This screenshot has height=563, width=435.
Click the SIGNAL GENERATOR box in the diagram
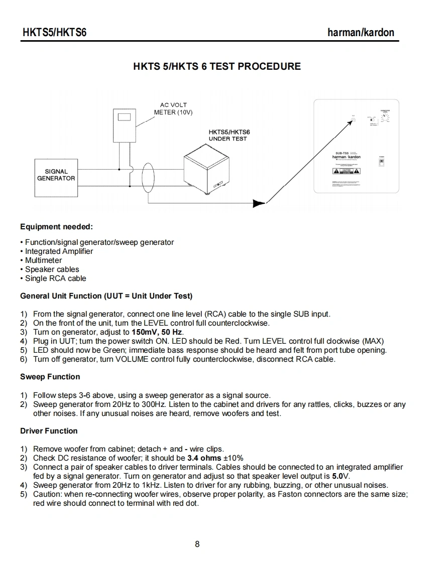tap(56, 175)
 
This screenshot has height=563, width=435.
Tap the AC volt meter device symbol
tap(124, 126)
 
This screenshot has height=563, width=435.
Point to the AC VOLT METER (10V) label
tap(173, 109)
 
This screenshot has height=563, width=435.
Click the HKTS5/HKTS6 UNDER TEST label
tap(229, 135)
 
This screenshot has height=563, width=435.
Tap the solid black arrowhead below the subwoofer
tap(259, 203)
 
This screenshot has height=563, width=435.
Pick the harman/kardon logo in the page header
tap(361, 33)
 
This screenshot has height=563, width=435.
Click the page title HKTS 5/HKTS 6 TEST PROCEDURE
tap(217, 66)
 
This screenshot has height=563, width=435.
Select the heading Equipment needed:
tap(56, 227)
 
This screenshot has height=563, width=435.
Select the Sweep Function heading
tap(50, 377)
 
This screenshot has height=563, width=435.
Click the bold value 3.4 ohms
tap(204, 458)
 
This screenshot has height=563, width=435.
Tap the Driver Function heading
tap(49, 431)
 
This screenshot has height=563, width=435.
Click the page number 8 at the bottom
tap(197, 544)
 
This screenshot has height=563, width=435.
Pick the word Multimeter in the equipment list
tap(44, 260)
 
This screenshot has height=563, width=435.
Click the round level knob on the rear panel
tap(386, 117)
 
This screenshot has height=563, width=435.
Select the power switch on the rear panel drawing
tap(381, 164)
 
